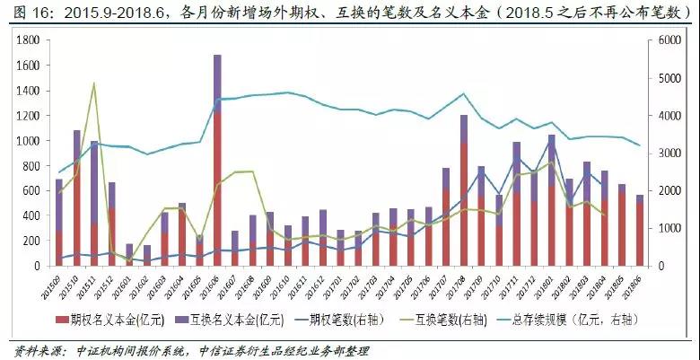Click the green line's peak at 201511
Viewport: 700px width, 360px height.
pyautogui.click(x=94, y=83)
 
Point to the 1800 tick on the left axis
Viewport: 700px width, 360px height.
pyautogui.click(x=29, y=40)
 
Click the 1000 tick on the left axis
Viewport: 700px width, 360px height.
pyautogui.click(x=29, y=141)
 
